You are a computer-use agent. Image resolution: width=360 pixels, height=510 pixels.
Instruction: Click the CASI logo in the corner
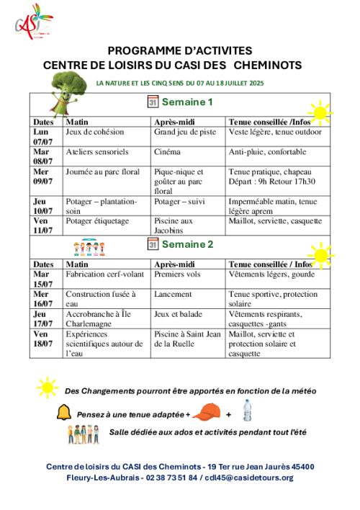pos(34,22)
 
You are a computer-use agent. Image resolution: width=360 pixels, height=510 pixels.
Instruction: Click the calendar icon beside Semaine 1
pos(153,102)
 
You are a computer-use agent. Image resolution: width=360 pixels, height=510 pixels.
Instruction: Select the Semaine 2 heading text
pos(188,244)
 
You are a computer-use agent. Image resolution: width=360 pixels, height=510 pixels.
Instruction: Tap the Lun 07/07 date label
pos(42,137)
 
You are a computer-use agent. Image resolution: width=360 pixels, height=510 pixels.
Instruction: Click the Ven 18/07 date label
pos(42,339)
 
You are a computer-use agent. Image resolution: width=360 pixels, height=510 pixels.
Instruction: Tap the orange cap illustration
pos(207,412)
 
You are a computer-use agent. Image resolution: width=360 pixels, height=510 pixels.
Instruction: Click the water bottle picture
pos(247,411)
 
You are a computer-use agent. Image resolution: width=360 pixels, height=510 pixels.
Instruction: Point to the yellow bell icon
pos(64,412)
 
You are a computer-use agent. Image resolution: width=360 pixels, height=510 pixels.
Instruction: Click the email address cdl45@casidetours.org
pos(249,478)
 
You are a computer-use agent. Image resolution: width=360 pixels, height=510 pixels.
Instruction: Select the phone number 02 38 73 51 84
pos(171,478)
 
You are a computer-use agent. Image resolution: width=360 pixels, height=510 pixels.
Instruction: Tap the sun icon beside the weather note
pos(48,388)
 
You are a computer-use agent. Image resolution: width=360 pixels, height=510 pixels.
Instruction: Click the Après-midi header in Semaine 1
pos(174,122)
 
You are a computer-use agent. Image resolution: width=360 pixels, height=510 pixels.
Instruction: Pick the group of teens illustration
pos(84,434)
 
